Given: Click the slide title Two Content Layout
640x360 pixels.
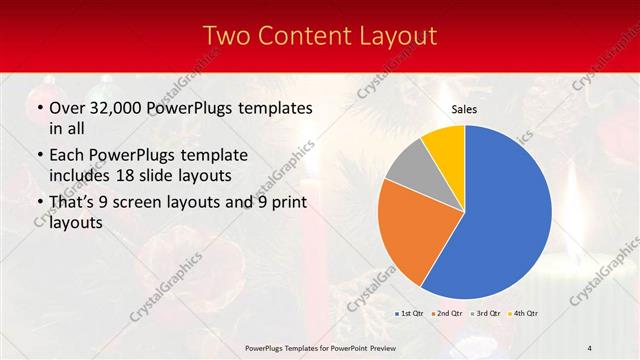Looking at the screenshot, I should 320,36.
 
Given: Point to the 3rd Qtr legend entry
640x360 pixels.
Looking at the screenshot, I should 487,313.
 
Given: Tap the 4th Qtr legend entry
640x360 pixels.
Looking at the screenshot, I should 524,313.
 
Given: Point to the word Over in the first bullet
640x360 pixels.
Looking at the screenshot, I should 68,107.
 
